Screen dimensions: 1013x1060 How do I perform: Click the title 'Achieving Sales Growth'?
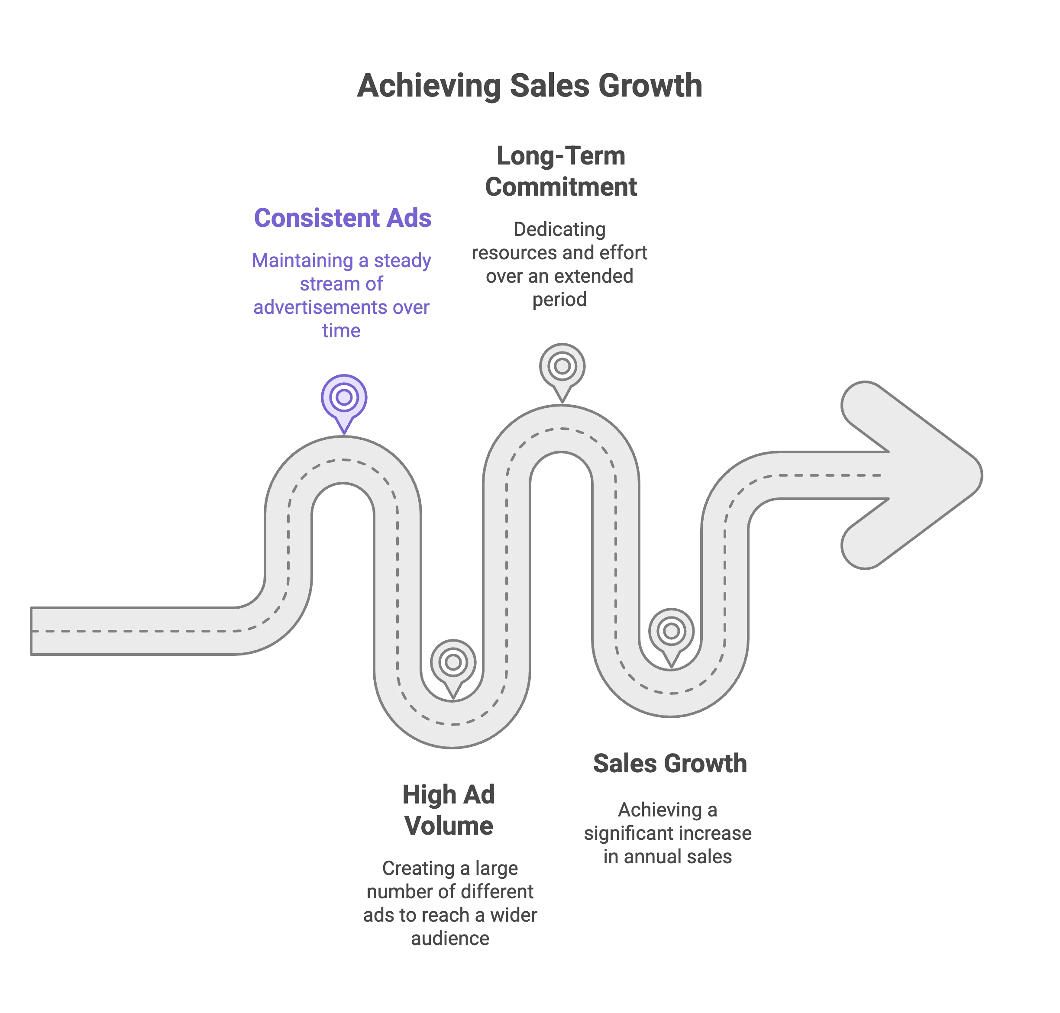(530, 85)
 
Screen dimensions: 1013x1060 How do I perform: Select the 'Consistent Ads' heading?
(343, 218)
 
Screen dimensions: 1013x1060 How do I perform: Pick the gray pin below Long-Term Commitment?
(562, 368)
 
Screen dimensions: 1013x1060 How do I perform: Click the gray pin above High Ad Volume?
(453, 663)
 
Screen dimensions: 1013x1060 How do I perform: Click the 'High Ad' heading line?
(448, 794)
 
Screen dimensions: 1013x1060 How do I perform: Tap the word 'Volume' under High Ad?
(450, 825)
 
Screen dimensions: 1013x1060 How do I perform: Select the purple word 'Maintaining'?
(302, 261)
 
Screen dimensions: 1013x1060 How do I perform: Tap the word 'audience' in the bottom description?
(451, 939)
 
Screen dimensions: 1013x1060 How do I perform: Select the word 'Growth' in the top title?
(650, 85)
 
